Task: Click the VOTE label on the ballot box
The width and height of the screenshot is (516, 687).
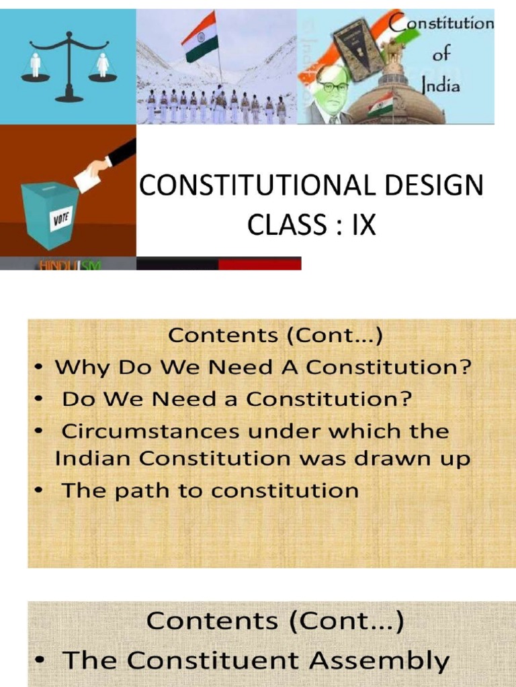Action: pyautogui.click(x=61, y=219)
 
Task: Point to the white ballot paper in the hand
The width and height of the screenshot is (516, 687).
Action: pyautogui.click(x=85, y=178)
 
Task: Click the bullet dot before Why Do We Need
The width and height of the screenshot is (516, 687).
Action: pyautogui.click(x=41, y=368)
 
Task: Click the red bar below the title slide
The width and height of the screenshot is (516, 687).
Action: pyautogui.click(x=259, y=264)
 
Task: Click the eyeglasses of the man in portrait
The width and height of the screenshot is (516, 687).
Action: pyautogui.click(x=333, y=87)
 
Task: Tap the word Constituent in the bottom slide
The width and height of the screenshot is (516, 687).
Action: pyautogui.click(x=217, y=661)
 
